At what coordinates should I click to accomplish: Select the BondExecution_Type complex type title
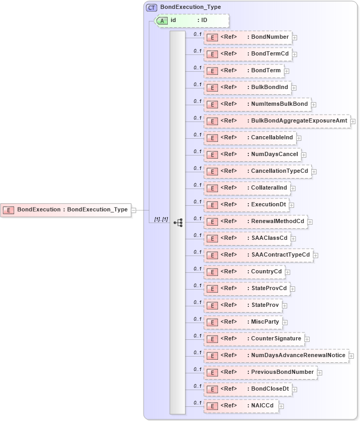tap(190, 7)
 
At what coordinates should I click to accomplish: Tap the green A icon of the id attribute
tap(163, 20)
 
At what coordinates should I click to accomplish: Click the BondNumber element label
tap(270, 37)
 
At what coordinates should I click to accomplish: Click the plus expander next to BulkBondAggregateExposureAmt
tap(353, 121)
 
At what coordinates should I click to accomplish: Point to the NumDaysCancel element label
tap(275, 154)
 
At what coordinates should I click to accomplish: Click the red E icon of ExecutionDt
tap(213, 205)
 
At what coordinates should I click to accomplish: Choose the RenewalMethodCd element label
tap(278, 221)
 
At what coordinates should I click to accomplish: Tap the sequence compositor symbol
tap(178, 222)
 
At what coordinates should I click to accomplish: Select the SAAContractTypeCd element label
tap(280, 255)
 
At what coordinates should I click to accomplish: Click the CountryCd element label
tap(267, 272)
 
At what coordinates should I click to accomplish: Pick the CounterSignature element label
tap(276, 339)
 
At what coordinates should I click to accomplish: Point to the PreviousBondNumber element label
tap(282, 372)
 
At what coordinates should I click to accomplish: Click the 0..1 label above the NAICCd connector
tap(198, 403)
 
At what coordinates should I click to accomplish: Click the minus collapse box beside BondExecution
tap(134, 210)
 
